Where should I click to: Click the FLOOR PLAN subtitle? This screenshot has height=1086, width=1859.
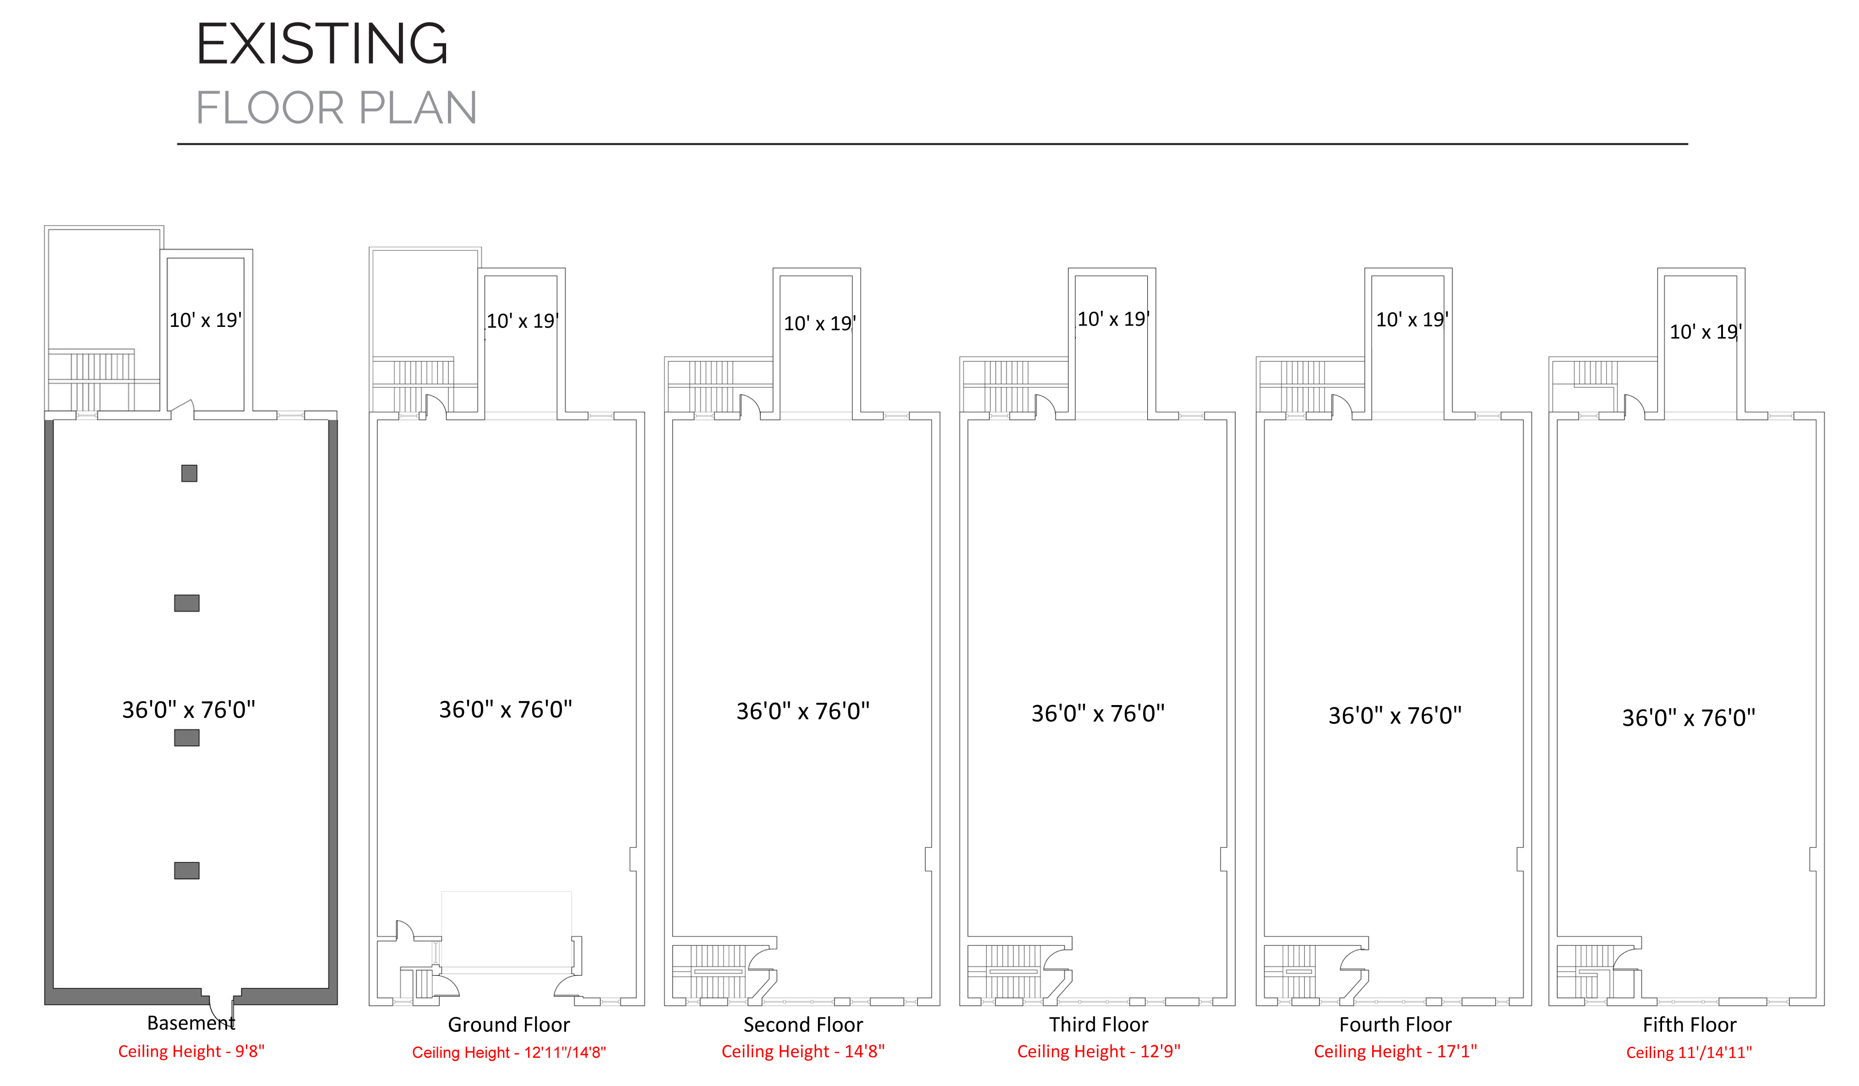click(x=336, y=109)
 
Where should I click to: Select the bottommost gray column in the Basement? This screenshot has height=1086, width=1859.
click(x=187, y=871)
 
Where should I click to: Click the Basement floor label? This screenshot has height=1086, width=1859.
click(x=191, y=1023)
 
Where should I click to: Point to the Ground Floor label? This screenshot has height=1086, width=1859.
click(x=509, y=1025)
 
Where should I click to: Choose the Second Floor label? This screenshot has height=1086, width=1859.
click(x=803, y=1025)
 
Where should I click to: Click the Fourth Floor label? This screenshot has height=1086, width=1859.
click(x=1396, y=1025)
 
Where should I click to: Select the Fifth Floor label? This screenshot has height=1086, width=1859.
click(x=1690, y=1025)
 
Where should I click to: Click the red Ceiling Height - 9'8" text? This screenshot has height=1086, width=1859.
click(x=191, y=1051)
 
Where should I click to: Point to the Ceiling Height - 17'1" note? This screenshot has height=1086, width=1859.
click(x=1396, y=1051)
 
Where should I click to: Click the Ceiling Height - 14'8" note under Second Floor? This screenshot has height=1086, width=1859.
click(x=803, y=1051)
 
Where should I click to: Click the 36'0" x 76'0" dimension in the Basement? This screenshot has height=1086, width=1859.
click(x=189, y=709)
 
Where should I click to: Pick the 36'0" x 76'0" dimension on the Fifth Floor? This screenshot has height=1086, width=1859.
click(x=1689, y=717)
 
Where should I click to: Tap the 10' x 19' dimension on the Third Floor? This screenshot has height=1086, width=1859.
click(x=1113, y=319)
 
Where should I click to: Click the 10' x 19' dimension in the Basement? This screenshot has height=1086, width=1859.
click(x=206, y=320)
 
